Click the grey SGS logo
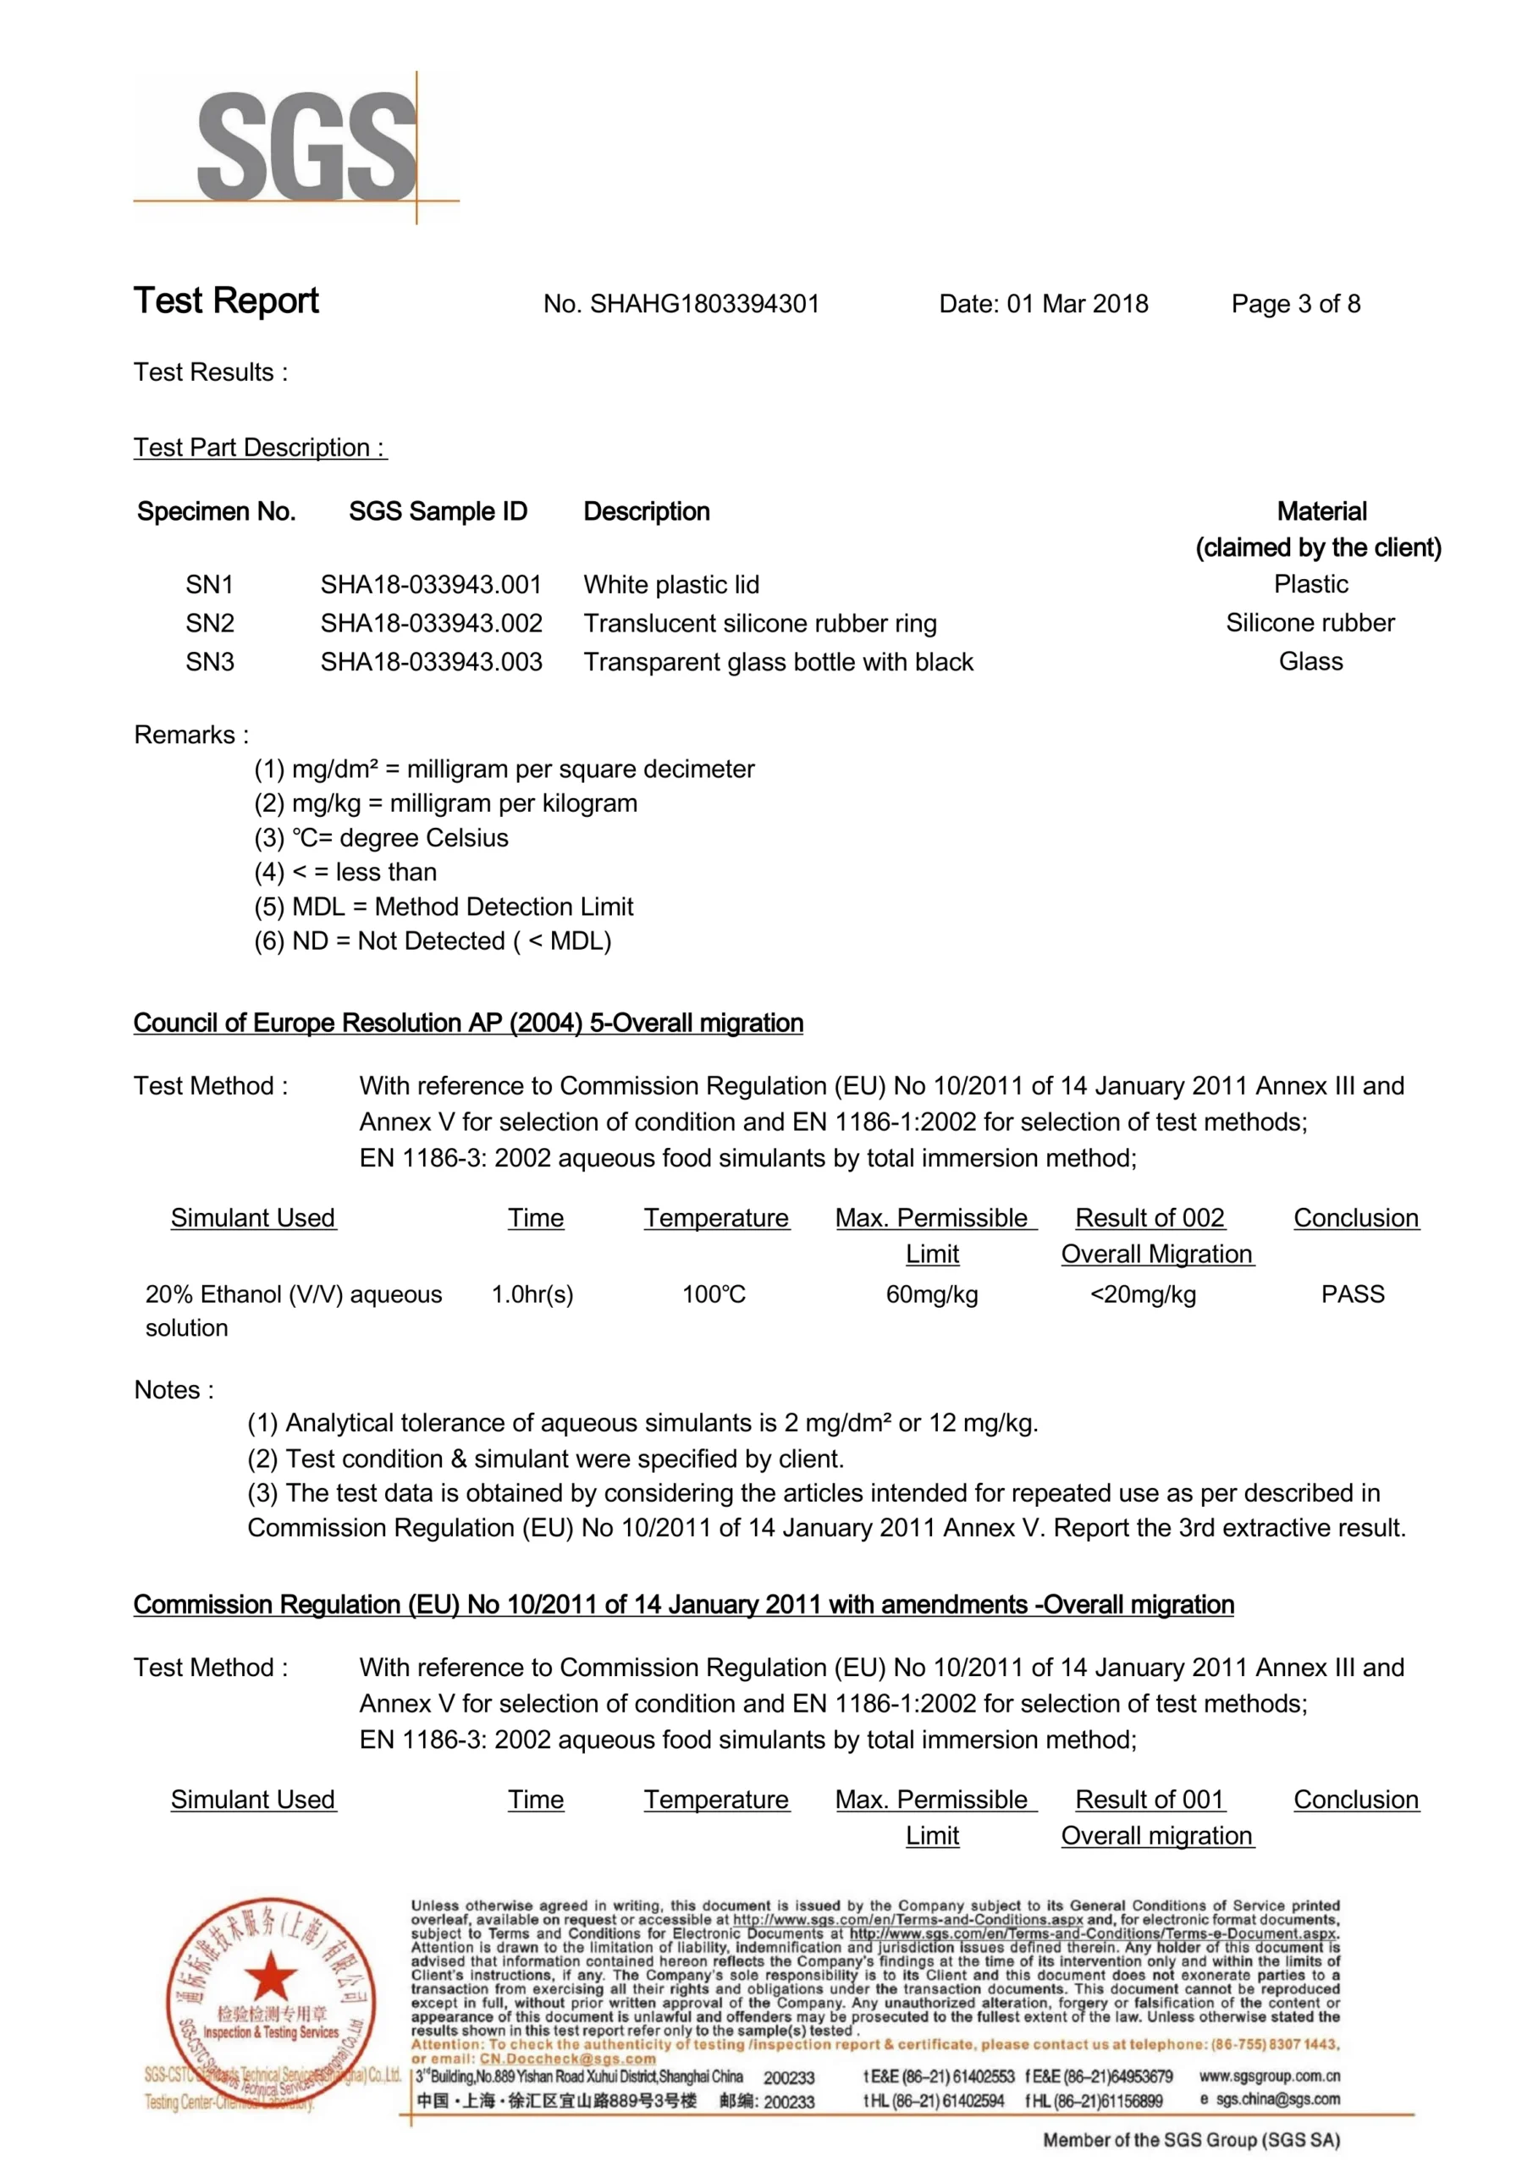(306, 146)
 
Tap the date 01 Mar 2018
(1077, 304)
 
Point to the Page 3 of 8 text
(1295, 304)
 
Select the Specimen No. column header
(216, 511)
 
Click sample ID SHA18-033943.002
(432, 623)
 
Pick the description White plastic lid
(671, 584)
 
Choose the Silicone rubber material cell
(1310, 623)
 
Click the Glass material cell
(1310, 662)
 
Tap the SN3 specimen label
(210, 662)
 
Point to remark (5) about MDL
(444, 906)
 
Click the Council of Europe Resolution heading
(468, 1023)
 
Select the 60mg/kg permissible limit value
(932, 1294)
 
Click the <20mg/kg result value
(1143, 1294)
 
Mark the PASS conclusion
(1353, 1294)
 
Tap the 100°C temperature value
(714, 1294)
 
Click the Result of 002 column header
(1150, 1218)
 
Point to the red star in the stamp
(271, 1977)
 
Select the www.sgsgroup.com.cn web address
(1270, 2076)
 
